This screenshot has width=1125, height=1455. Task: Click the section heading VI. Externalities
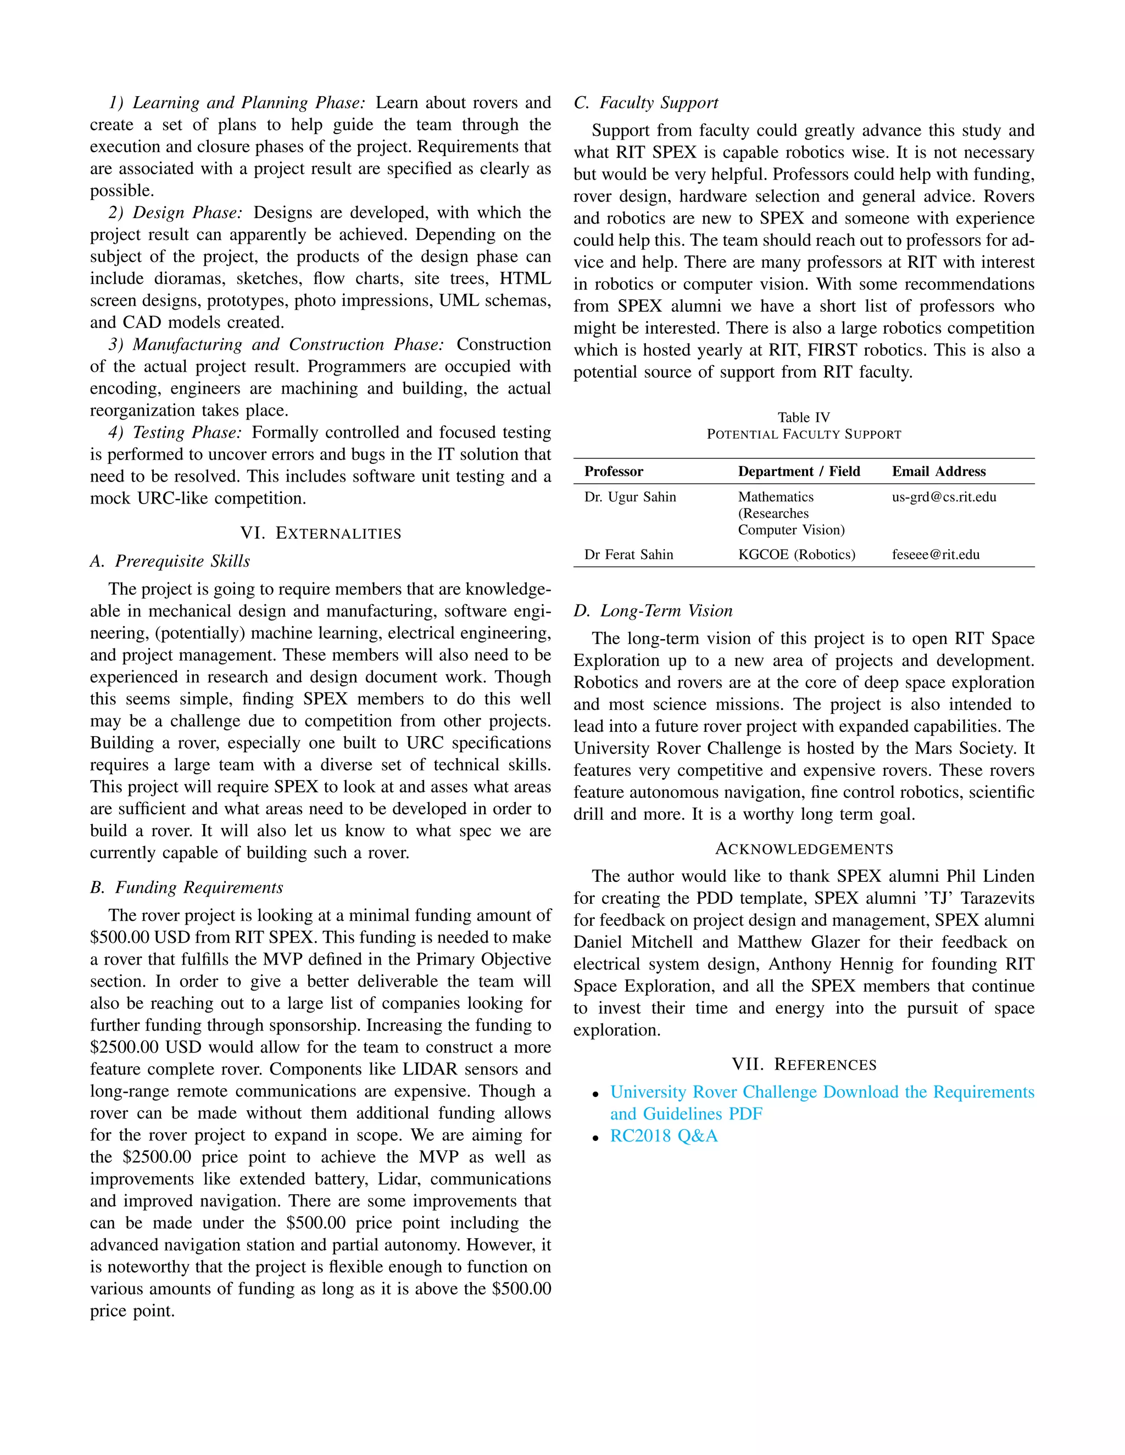[321, 533]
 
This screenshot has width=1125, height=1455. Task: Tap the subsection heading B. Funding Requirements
[187, 887]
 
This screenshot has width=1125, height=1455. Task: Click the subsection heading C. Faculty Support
[646, 103]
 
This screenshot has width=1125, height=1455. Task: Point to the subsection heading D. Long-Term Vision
[653, 611]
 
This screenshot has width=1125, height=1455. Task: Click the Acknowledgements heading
[804, 849]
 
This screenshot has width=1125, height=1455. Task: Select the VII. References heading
[804, 1064]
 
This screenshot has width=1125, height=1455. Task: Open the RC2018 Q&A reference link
[664, 1136]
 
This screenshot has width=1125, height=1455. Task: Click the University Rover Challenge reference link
[822, 1092]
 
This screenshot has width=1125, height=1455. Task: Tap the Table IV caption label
[804, 418]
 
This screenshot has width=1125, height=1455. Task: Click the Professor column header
[613, 472]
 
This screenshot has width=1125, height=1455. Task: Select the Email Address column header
[938, 472]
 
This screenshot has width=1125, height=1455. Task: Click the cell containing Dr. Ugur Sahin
[630, 497]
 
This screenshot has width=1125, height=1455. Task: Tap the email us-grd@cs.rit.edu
[944, 497]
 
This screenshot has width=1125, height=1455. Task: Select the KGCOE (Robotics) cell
[797, 555]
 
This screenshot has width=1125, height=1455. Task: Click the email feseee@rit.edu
[935, 555]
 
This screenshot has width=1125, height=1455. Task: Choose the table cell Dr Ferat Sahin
[628, 555]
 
